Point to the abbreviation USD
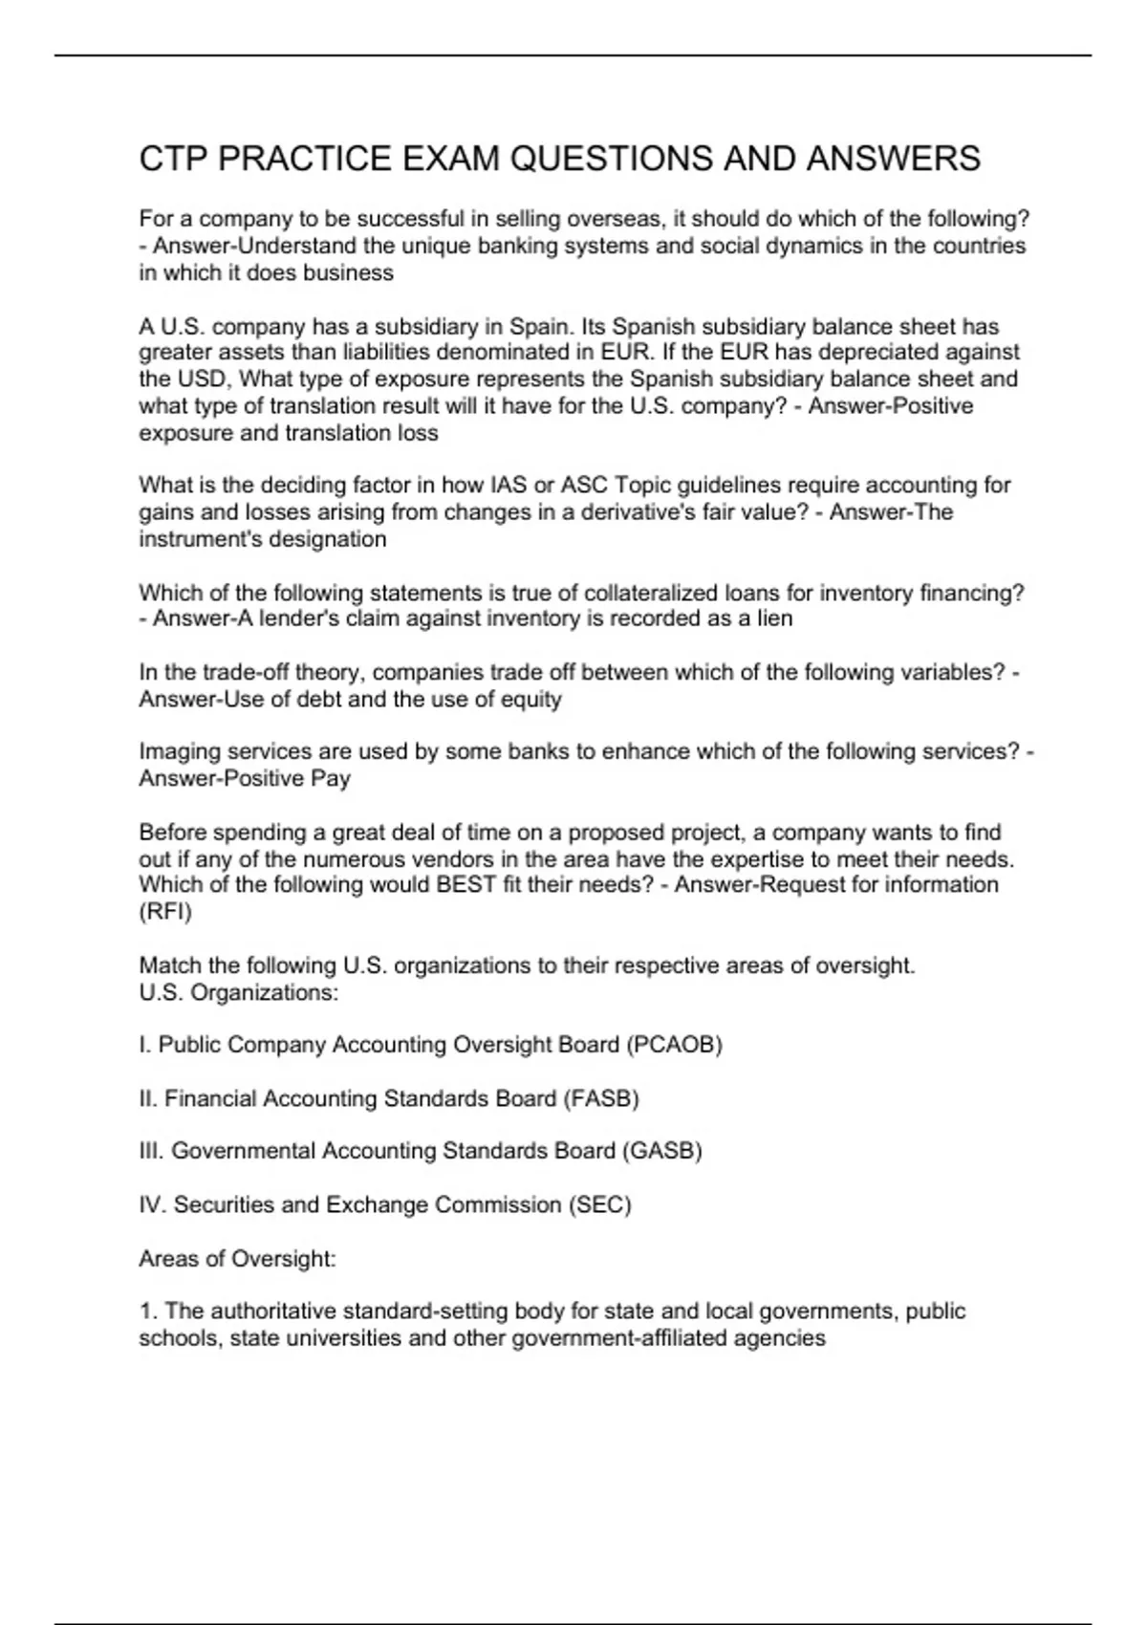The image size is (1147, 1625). click(x=203, y=379)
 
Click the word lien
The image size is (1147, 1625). click(x=774, y=618)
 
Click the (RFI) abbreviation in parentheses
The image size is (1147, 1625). click(x=165, y=912)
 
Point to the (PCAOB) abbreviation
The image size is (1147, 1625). click(x=675, y=1045)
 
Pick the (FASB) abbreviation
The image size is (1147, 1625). click(x=601, y=1099)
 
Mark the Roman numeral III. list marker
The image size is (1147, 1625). click(x=151, y=1151)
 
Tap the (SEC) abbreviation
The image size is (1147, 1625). click(x=599, y=1205)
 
